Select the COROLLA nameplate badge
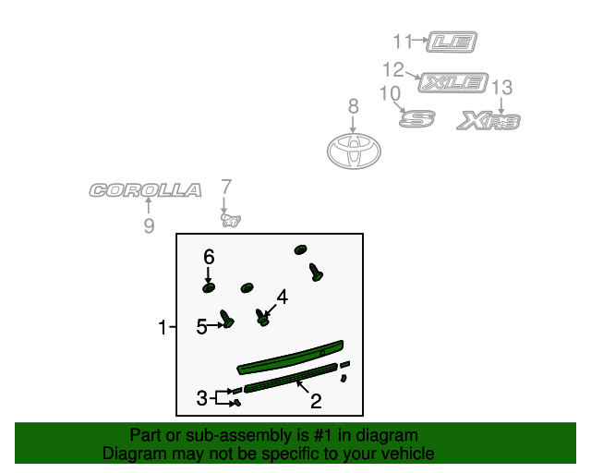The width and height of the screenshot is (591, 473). point(145,190)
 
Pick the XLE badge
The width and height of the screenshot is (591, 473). point(452,82)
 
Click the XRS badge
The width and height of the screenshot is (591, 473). point(489,121)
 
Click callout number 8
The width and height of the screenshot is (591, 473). point(353,107)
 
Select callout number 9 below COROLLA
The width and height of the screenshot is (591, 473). point(149,226)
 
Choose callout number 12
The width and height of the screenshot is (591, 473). point(393,69)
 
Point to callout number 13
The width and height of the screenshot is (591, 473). point(501,87)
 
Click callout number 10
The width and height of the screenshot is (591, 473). point(390,93)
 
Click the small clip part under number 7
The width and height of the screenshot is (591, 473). point(231,220)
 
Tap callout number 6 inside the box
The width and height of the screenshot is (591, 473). point(209,255)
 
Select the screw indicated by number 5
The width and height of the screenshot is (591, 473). point(228,321)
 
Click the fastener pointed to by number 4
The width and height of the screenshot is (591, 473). point(263,320)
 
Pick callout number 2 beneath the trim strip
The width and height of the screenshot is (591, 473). point(316,401)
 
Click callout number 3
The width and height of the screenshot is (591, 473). point(201,398)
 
